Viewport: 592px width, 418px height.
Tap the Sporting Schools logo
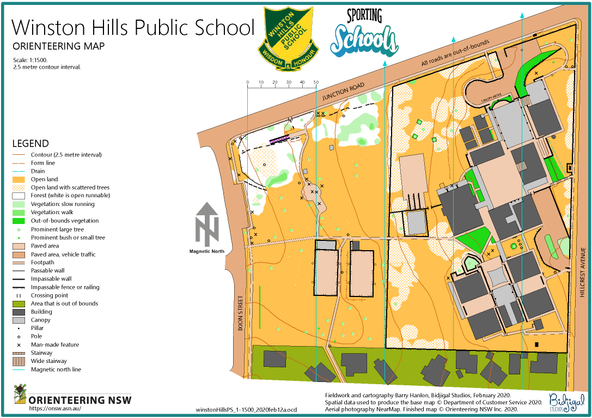pyautogui.click(x=365, y=34)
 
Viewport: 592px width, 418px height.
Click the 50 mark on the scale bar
pyautogui.click(x=316, y=82)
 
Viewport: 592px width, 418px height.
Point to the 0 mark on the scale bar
pyautogui.click(x=247, y=82)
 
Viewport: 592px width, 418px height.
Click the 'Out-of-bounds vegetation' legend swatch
pyautogui.click(x=20, y=221)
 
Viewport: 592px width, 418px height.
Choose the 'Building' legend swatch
pyautogui.click(x=20, y=312)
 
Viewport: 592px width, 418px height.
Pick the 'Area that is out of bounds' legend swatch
pyautogui.click(x=20, y=304)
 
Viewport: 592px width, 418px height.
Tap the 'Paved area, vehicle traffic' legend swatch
pyautogui.click(x=20, y=254)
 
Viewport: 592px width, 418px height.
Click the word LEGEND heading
pyautogui.click(x=30, y=144)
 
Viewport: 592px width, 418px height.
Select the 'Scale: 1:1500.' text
pyautogui.click(x=30, y=60)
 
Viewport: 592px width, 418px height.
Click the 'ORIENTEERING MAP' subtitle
pyautogui.click(x=58, y=46)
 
